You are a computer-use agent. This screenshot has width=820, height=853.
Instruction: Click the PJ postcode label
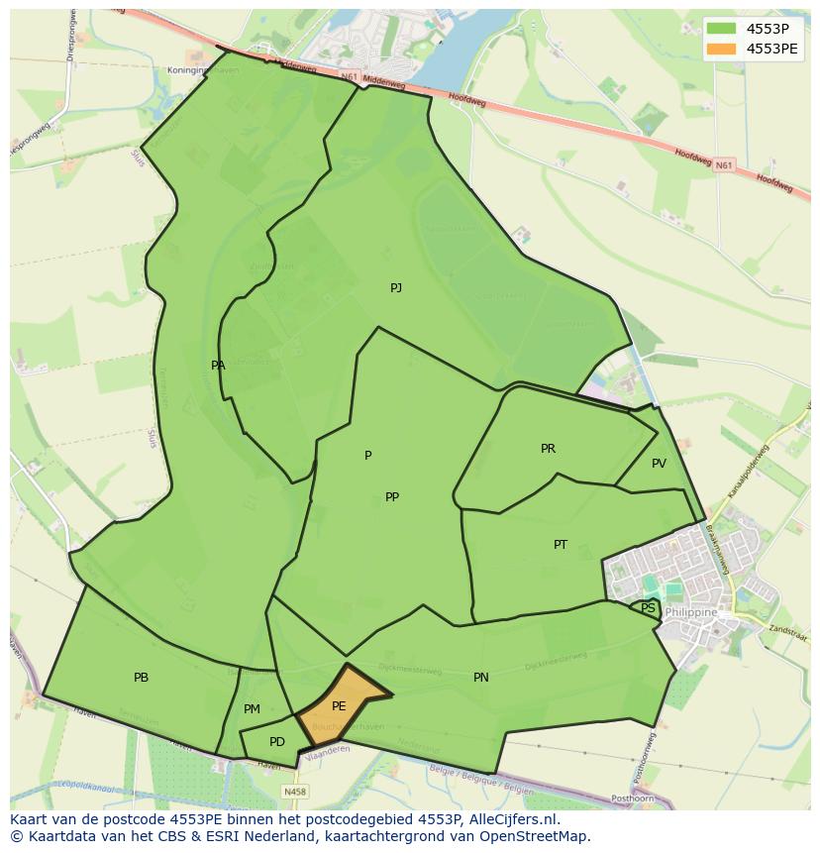click(x=396, y=288)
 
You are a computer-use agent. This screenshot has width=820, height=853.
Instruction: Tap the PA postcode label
click(x=218, y=366)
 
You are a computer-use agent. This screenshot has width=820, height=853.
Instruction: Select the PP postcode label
click(x=392, y=497)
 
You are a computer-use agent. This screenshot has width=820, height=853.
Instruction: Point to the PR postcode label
click(x=548, y=449)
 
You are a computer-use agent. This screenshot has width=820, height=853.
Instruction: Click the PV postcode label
click(x=659, y=464)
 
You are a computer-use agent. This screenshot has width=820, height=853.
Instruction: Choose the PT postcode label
click(x=561, y=545)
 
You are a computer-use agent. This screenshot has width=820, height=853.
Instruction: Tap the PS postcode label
click(x=648, y=608)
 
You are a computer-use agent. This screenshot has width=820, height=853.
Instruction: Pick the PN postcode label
click(x=480, y=678)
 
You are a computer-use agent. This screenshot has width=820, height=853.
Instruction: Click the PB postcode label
click(x=141, y=678)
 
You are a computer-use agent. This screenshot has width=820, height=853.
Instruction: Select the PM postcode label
click(x=252, y=709)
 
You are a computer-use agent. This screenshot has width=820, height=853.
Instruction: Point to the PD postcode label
click(x=277, y=742)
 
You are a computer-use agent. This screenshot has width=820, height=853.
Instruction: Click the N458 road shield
click(x=294, y=792)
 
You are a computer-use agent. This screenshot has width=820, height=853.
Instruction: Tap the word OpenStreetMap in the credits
click(x=534, y=837)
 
